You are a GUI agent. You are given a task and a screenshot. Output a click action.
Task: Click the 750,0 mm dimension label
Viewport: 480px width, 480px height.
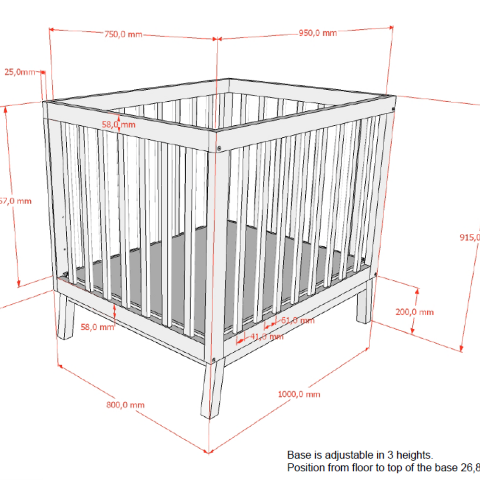[123, 34]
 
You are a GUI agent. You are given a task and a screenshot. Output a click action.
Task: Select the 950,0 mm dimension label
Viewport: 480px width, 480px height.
[317, 33]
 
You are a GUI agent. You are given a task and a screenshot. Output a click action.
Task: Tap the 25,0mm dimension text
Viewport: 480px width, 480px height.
[20, 72]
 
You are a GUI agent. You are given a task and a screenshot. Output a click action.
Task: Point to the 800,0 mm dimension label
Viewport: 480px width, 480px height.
[125, 405]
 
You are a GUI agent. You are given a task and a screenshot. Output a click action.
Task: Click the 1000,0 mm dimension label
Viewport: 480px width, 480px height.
[299, 394]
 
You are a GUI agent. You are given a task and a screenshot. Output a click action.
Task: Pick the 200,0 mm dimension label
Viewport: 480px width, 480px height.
[414, 312]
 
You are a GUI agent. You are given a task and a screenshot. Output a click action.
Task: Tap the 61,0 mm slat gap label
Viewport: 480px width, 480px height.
[297, 320]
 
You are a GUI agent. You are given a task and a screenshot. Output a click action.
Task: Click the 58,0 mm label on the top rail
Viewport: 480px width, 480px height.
[119, 125]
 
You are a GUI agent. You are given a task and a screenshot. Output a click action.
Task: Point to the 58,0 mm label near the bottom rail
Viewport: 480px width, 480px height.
[97, 327]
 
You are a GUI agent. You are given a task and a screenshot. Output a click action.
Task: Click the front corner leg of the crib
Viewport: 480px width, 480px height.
[211, 389]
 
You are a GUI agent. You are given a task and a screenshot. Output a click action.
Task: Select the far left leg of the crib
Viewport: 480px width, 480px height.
[65, 318]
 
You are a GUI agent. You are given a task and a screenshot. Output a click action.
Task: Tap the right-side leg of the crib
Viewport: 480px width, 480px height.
[364, 302]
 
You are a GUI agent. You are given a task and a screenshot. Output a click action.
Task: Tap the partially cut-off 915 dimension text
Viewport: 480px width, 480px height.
[470, 237]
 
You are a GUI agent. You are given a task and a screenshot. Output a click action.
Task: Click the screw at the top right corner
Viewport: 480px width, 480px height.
[393, 110]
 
